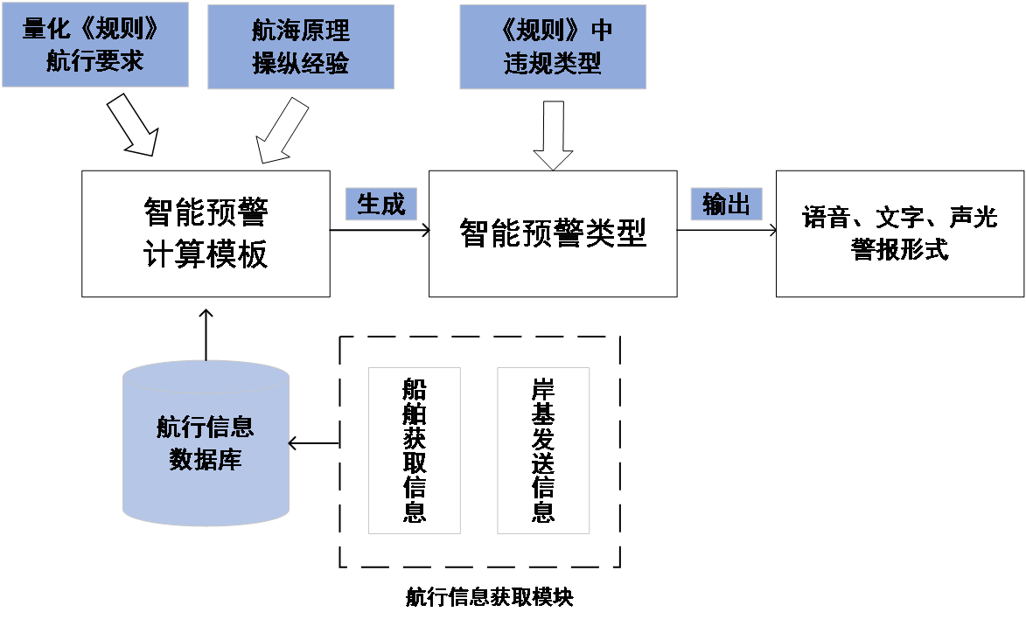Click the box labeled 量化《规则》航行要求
pyautogui.click(x=94, y=45)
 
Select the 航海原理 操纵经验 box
pyautogui.click(x=300, y=46)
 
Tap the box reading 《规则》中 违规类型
pyautogui.click(x=553, y=46)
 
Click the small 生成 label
pyautogui.click(x=380, y=205)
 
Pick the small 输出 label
pyautogui.click(x=726, y=205)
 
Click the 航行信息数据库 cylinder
pyautogui.click(x=206, y=443)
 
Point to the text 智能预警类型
pyautogui.click(x=553, y=233)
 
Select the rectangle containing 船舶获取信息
pyautogui.click(x=414, y=450)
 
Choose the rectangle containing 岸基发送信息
pyautogui.click(x=543, y=450)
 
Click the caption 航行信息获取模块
pyautogui.click(x=490, y=598)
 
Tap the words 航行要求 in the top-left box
pyautogui.click(x=94, y=61)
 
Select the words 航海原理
pyautogui.click(x=300, y=31)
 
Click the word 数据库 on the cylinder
pyautogui.click(x=206, y=460)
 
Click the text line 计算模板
pyautogui.click(x=206, y=254)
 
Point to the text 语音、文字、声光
pyautogui.click(x=899, y=217)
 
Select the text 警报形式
pyautogui.click(x=899, y=250)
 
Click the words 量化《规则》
pyautogui.click(x=94, y=29)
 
